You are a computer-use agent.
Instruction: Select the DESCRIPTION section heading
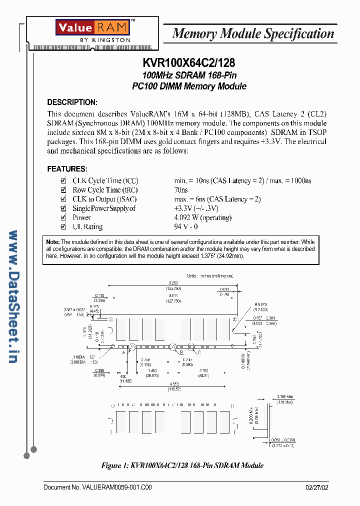[x=72, y=102]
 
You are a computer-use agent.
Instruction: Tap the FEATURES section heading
[x=67, y=169]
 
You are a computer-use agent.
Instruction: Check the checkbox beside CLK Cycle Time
[x=63, y=180]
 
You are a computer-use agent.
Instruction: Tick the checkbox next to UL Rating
[x=63, y=226]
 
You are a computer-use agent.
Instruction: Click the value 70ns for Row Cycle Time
[x=180, y=190]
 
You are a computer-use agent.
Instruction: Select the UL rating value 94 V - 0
[x=186, y=226]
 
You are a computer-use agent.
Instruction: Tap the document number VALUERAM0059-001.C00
[x=97, y=487]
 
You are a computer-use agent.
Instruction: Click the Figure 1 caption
[x=182, y=465]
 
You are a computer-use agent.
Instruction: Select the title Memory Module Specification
[x=253, y=34]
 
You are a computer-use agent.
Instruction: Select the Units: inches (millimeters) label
[x=210, y=275]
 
